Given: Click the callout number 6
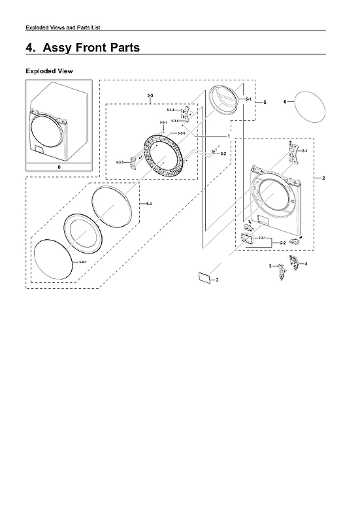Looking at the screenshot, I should click(285, 102).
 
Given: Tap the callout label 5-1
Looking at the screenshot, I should click(248, 99).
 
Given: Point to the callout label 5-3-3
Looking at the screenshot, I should click(120, 161).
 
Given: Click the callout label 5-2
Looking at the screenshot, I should click(223, 154).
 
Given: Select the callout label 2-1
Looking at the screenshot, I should click(304, 151).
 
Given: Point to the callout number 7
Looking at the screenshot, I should click(217, 280).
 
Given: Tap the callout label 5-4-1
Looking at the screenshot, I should click(83, 262).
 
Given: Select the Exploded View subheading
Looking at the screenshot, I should click(49, 71).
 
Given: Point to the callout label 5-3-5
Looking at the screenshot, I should click(182, 133).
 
